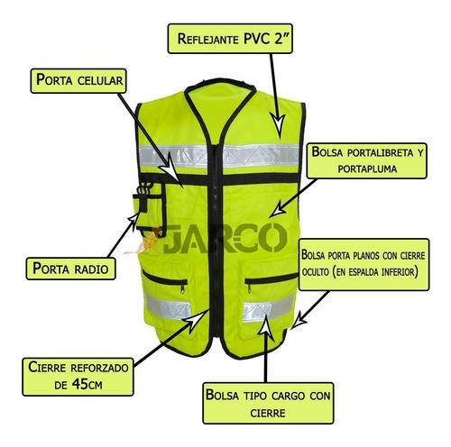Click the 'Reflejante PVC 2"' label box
pos(230,39)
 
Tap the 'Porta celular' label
pos(78,81)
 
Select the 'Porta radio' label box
pos(70,269)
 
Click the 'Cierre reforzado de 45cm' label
pos(78,377)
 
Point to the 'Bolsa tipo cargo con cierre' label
pos(268,403)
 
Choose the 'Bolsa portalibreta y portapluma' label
pos(367,160)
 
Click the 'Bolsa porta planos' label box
pos(364,264)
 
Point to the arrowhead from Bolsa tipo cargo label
pos(266,327)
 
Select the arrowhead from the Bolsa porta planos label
pos(299,321)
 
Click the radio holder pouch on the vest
pos(149,210)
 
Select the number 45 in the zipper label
pos(79,384)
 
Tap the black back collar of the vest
pos(220,82)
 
